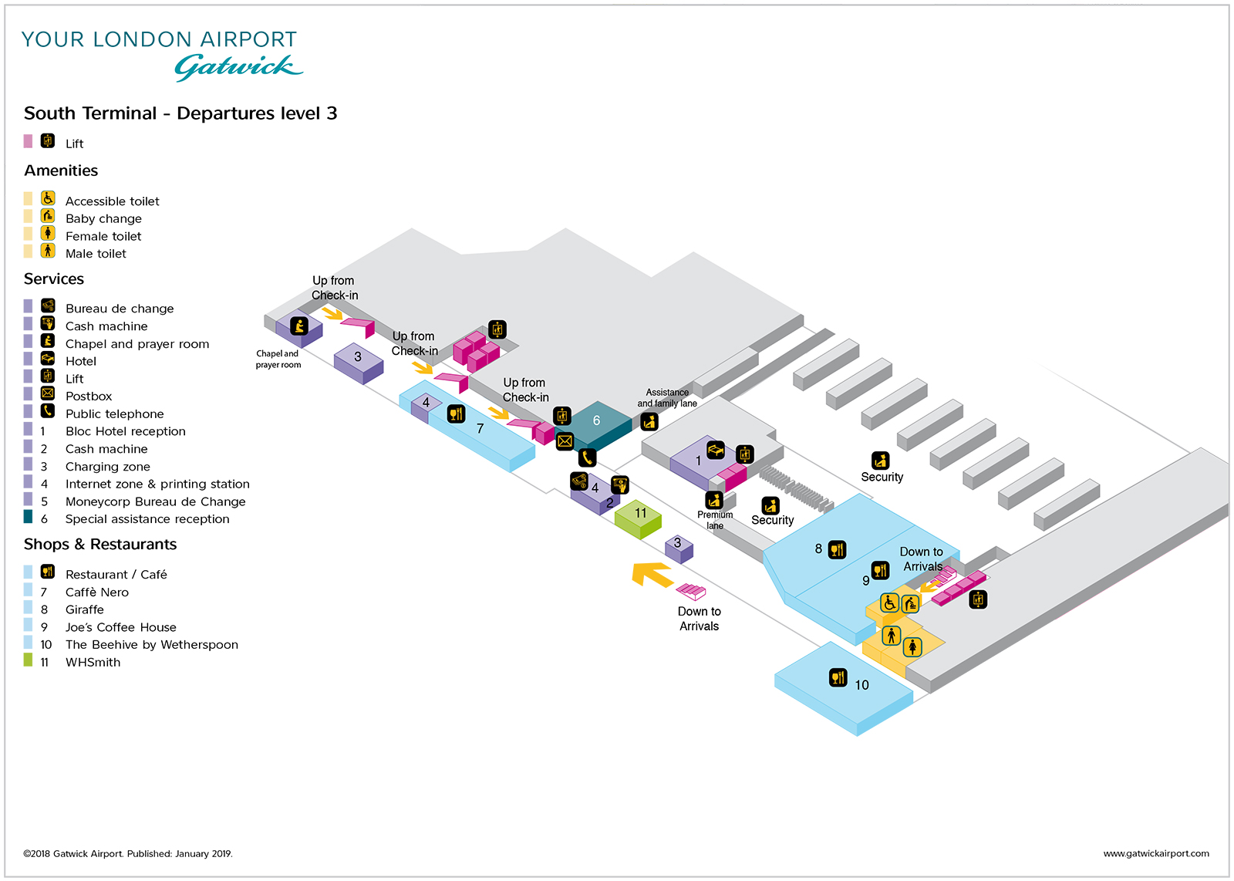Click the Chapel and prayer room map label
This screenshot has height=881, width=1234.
[x=278, y=359]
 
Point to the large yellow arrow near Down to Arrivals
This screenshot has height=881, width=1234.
[x=651, y=575]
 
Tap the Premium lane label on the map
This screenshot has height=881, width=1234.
[x=715, y=520]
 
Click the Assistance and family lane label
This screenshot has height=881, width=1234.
[x=666, y=398]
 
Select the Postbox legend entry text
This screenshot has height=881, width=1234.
[x=89, y=397]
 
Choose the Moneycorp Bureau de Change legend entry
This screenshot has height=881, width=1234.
[x=155, y=501]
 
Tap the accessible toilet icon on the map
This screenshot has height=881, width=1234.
[x=889, y=603]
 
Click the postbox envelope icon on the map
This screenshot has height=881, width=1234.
[x=565, y=441]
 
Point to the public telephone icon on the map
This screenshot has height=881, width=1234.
[x=587, y=457]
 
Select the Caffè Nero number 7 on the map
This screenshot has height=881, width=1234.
[x=480, y=428]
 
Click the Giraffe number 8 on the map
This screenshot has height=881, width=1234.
[x=818, y=549]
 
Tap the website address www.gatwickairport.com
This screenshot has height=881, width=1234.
[x=1155, y=853]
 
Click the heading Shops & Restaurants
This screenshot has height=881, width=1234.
[x=100, y=545]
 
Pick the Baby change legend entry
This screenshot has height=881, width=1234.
[x=103, y=219]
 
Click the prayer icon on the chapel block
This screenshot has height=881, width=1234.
[x=299, y=326]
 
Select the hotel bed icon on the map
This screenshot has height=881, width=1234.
[x=716, y=450]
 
